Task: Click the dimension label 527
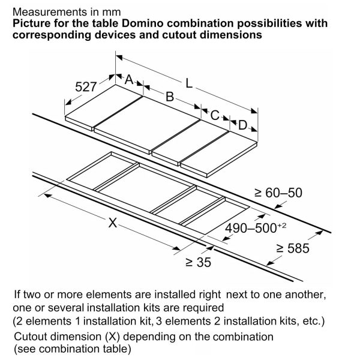click(86, 87)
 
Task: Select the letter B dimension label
click(170, 97)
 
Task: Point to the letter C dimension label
click(215, 113)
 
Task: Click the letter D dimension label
click(242, 125)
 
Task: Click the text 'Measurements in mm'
click(67, 11)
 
